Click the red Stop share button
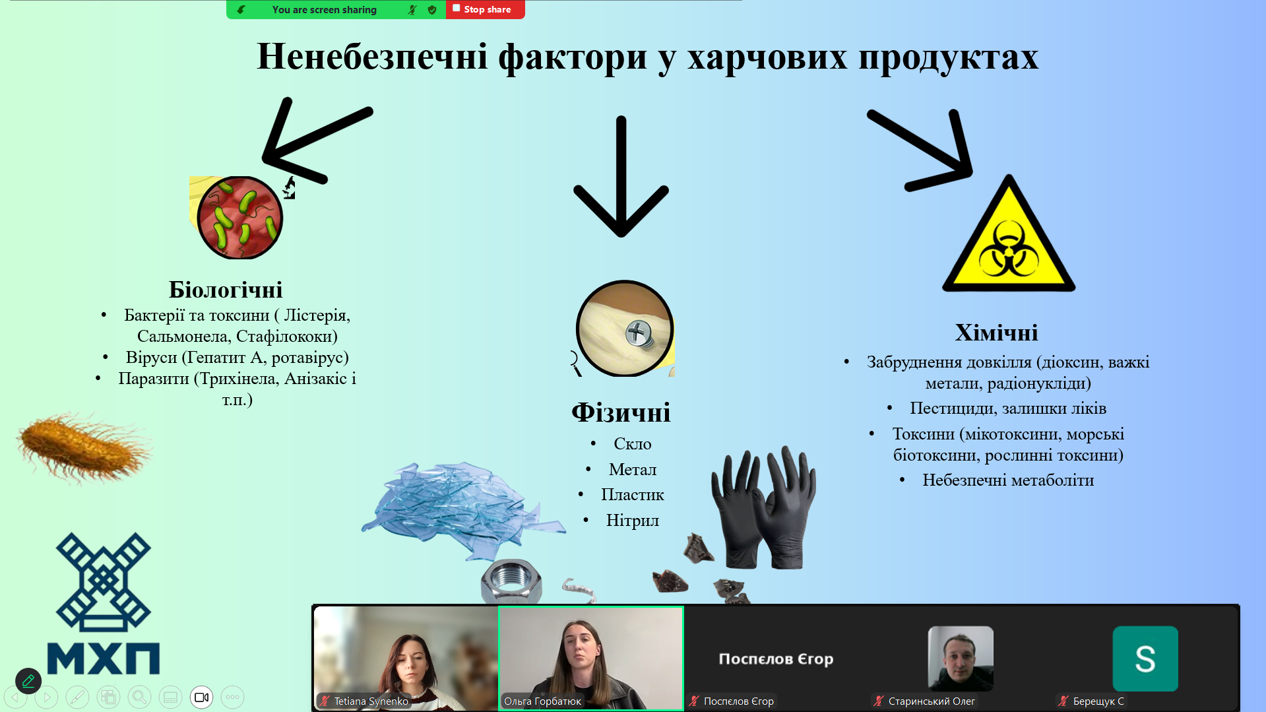pyautogui.click(x=485, y=9)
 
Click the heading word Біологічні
pyautogui.click(x=226, y=290)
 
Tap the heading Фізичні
pyautogui.click(x=621, y=412)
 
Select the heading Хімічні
pyautogui.click(x=996, y=333)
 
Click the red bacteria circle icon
pyautogui.click(x=240, y=217)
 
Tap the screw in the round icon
pyautogui.click(x=639, y=334)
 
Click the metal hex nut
pyautogui.click(x=511, y=581)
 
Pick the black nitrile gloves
pyautogui.click(x=764, y=507)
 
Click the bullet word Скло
pyautogui.click(x=632, y=444)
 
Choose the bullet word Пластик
pyautogui.click(x=632, y=495)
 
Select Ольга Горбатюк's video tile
pyautogui.click(x=591, y=658)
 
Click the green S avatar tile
pyautogui.click(x=1145, y=659)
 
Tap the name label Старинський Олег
pyautogui.click(x=932, y=701)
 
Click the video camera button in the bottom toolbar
pyautogui.click(x=201, y=697)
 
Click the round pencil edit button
pyautogui.click(x=28, y=680)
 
